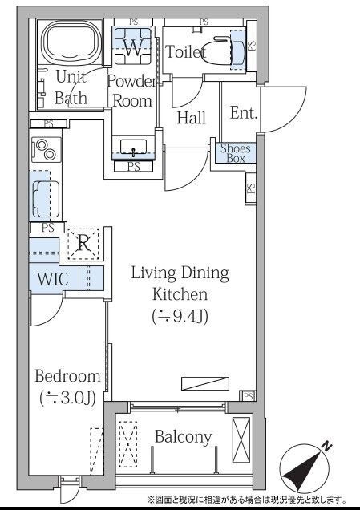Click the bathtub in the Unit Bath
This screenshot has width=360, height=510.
coord(71,42)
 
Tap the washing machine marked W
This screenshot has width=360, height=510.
coord(132,47)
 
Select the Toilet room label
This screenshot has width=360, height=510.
coord(186,51)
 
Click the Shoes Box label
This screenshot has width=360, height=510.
coord(235,153)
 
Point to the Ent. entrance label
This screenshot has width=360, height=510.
coord(244,113)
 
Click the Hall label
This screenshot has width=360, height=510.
coord(191,118)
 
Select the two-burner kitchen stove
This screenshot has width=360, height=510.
coord(46,150)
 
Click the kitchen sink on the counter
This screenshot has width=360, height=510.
coord(46,199)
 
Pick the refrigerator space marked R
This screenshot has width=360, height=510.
coord(83,244)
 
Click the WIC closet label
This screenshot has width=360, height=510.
coord(53,279)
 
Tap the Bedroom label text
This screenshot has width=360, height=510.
coord(67,376)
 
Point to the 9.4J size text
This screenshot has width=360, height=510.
coord(180,316)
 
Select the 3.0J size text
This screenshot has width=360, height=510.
coord(67,398)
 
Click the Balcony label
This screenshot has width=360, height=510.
coord(183,436)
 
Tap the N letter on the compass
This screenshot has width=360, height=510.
coord(326,446)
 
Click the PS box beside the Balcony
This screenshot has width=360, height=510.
coord(248,396)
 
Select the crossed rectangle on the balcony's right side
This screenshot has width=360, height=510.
coord(241,439)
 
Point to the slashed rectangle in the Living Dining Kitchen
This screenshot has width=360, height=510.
coord(205,383)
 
